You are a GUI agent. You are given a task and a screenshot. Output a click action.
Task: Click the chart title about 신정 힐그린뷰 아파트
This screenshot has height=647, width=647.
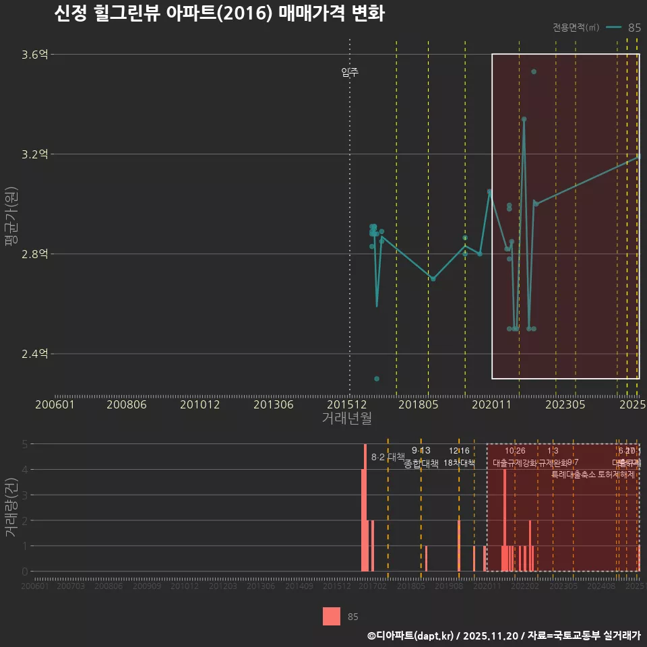[219, 14]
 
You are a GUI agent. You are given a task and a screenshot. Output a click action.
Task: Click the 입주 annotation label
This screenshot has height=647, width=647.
[350, 72]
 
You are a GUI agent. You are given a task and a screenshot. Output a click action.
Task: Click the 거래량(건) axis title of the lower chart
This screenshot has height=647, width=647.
[11, 507]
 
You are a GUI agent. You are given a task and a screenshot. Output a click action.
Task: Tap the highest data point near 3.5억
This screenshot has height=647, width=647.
[534, 71]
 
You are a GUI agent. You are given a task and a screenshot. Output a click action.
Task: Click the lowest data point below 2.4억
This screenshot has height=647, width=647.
[377, 379]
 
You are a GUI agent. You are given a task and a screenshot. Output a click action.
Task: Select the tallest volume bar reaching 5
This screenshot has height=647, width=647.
[365, 507]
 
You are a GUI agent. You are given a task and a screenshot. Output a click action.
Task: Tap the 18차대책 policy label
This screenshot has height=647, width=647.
[459, 462]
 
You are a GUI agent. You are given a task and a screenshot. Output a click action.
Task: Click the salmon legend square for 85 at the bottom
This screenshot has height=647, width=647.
[332, 616]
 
